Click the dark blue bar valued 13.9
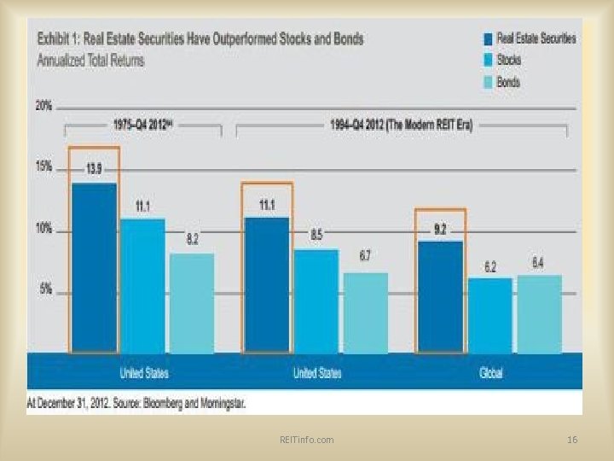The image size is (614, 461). pos(95,267)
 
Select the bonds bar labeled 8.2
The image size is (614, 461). pos(192,302)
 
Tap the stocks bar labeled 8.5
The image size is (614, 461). pos(316,300)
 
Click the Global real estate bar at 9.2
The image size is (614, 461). pos(440,296)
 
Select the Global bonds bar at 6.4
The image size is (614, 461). pos(539,313)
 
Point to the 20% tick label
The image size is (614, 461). pos(43,106)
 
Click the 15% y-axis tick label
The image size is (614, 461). pos(43,167)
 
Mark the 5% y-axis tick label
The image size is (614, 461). pos(45,289)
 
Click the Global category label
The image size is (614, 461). pos(489,373)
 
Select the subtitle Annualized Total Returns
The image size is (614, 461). pos(91,61)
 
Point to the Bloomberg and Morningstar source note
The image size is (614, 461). pos(136,401)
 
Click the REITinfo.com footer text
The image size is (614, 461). pos(306,439)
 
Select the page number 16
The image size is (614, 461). pos(572,439)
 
